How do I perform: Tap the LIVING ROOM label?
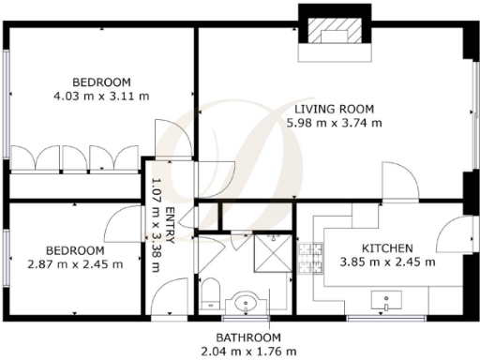tap(334, 107)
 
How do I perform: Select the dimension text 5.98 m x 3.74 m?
tap(334, 122)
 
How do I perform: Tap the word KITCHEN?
tap(386, 248)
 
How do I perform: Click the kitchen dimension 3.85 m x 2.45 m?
tap(386, 262)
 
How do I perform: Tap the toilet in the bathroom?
tap(211, 293)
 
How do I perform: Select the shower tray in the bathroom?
tap(273, 250)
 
